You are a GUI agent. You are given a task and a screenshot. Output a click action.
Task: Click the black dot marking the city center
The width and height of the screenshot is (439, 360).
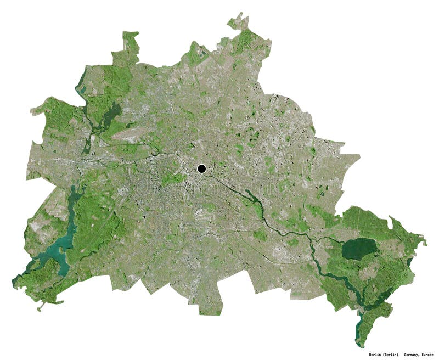tap(201, 168)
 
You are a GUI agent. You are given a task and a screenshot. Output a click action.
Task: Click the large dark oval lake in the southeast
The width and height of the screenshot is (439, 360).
tap(359, 249)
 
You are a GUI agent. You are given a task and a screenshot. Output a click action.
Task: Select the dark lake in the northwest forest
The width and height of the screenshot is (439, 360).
tap(112, 113)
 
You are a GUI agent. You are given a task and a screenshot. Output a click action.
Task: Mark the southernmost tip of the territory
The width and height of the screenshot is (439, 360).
tap(360, 346)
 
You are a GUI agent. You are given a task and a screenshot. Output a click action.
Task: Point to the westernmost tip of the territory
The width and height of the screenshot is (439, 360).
tap(13, 283)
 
